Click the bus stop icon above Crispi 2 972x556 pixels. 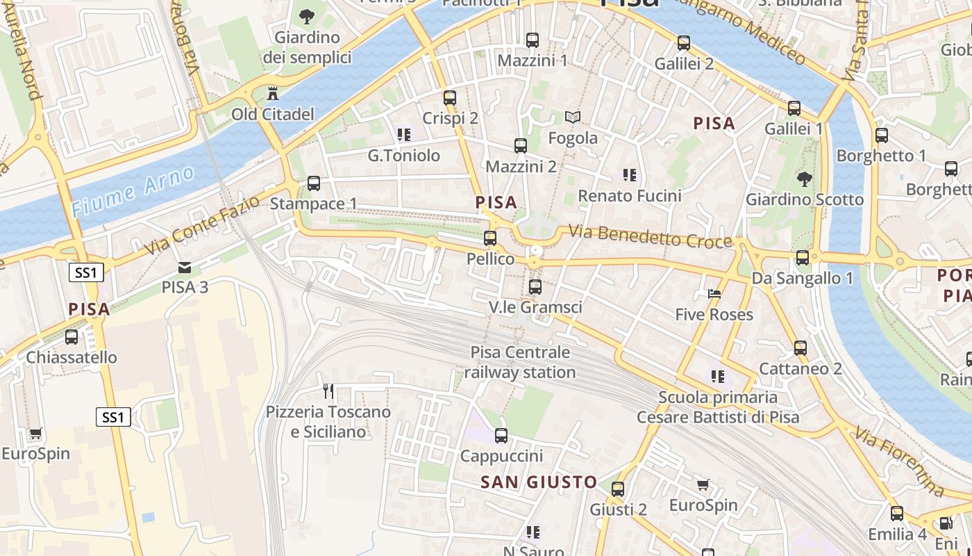(x=450, y=98)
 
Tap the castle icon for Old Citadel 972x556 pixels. (x=273, y=93)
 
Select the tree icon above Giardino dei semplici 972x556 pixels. (x=306, y=16)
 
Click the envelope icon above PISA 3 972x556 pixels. (x=185, y=267)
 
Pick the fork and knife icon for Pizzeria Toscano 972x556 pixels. (x=328, y=391)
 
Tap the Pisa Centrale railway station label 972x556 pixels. (x=520, y=362)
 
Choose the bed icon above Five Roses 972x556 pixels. (x=714, y=294)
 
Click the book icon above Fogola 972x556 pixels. (x=573, y=117)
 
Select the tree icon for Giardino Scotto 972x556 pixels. (x=805, y=179)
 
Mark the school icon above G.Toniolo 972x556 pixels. (x=403, y=134)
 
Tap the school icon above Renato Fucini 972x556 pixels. (x=630, y=175)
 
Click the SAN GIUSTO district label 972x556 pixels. (x=539, y=482)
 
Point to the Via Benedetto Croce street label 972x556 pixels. (x=651, y=236)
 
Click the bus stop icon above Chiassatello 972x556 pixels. (x=72, y=337)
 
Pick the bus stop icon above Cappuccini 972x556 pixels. (x=501, y=436)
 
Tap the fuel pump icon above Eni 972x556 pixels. (x=946, y=523)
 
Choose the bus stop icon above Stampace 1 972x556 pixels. (x=314, y=183)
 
